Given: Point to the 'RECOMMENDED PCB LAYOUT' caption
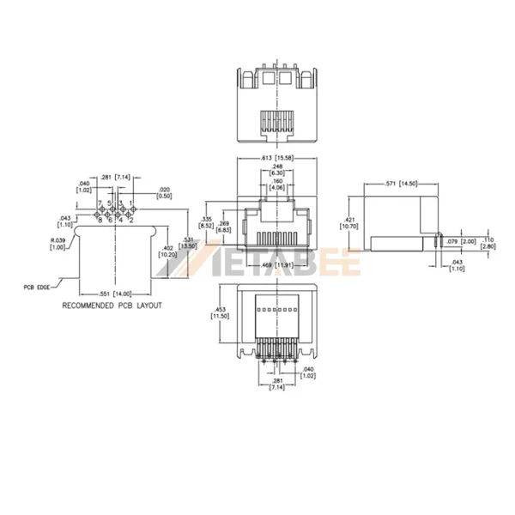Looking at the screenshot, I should click(x=112, y=306).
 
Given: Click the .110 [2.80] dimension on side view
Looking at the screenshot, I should click(x=487, y=243).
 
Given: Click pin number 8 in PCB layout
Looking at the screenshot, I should click(x=100, y=221).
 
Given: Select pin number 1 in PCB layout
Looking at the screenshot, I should click(x=131, y=203).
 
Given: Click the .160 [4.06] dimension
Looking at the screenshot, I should click(x=276, y=185).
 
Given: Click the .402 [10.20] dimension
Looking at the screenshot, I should click(x=167, y=251).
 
